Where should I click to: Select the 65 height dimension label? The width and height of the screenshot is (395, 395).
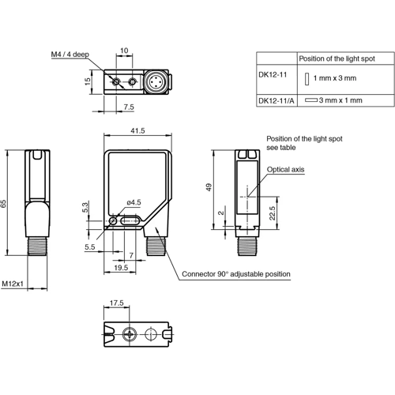click(x=5, y=204)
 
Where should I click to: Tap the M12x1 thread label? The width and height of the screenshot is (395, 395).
click(x=13, y=283)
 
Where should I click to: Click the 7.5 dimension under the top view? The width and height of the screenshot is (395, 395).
click(x=128, y=106)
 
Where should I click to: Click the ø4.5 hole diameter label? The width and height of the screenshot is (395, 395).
click(x=134, y=203)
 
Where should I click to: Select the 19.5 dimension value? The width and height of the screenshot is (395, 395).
click(x=121, y=268)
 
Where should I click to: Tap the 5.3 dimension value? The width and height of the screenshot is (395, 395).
click(x=85, y=208)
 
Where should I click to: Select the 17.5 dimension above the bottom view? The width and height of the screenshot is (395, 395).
click(x=116, y=302)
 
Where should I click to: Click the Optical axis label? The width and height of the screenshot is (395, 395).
click(x=286, y=169)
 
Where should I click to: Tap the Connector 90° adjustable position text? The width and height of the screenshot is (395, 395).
click(x=236, y=274)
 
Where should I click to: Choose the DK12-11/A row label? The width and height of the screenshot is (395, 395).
click(x=276, y=101)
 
